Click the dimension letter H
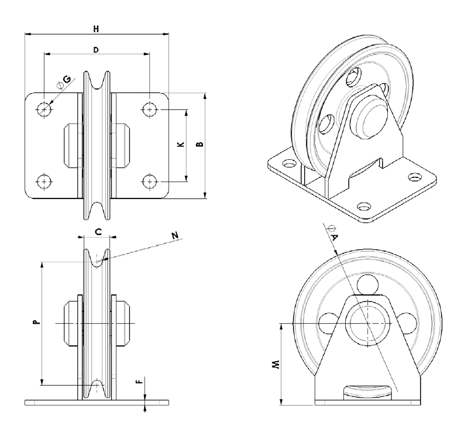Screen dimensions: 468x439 (x=96, y=29)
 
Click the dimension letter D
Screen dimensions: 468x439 (x=96, y=50)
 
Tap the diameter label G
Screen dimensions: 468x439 (x=64, y=82)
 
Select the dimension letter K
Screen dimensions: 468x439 (x=181, y=145)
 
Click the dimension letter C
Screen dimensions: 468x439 (x=98, y=231)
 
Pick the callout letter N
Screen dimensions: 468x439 (x=175, y=235)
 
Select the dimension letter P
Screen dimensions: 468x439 (x=36, y=322)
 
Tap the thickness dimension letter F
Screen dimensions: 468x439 (x=139, y=382)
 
